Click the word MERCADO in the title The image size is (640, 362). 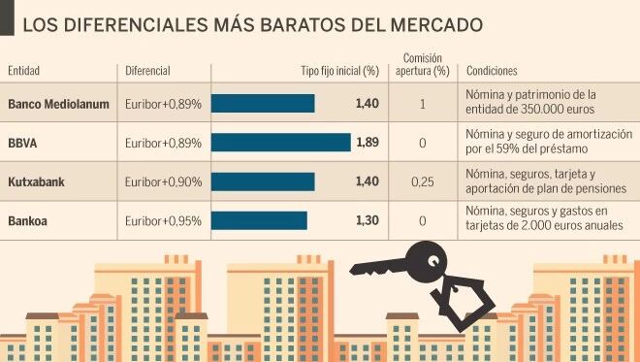[x=436, y=25]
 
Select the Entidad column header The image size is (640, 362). [x=23, y=71]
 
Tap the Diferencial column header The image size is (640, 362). [x=147, y=71]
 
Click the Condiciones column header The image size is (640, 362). [x=492, y=71]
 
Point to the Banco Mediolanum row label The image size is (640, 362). [x=58, y=104]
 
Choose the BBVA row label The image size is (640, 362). [x=22, y=143]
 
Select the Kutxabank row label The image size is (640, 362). [x=36, y=181]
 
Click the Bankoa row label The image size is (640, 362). [x=27, y=221]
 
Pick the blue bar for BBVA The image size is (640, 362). [x=281, y=143]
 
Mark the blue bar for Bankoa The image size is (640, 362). [x=259, y=220]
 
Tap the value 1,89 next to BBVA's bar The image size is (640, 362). [x=368, y=143]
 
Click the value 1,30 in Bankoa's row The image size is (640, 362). [x=368, y=220]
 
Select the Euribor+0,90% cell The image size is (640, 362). [x=163, y=181]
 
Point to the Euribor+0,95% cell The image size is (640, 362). [x=163, y=221]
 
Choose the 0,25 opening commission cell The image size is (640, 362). [x=423, y=181]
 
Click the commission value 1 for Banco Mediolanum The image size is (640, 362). [x=423, y=104]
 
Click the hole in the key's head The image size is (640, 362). [x=433, y=261]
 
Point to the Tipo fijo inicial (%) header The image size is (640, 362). [x=340, y=71]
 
